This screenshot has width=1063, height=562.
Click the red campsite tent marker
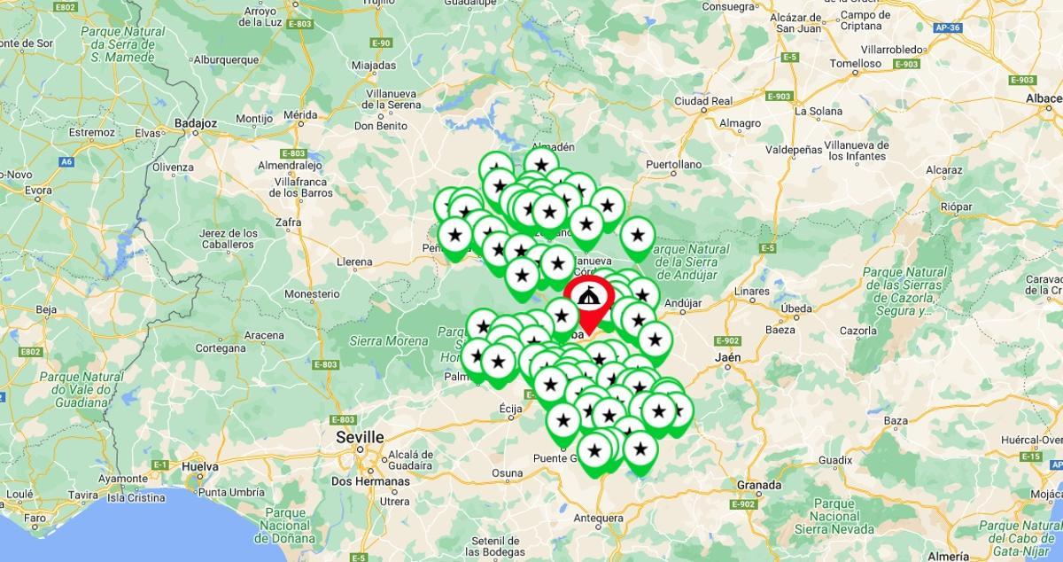(586, 296)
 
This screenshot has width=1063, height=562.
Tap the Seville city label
(360, 437)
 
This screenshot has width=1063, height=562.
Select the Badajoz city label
(197, 122)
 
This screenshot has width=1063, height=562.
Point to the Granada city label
(759, 485)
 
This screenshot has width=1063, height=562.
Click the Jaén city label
(726, 357)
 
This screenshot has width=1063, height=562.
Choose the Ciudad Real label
(702, 101)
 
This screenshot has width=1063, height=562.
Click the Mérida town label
(300, 114)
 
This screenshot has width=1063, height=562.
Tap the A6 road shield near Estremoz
(66, 162)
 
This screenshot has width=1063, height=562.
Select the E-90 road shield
(382, 43)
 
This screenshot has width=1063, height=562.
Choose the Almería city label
(951, 556)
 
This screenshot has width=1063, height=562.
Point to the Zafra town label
(288, 222)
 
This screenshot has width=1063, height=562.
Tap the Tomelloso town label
(856, 64)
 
